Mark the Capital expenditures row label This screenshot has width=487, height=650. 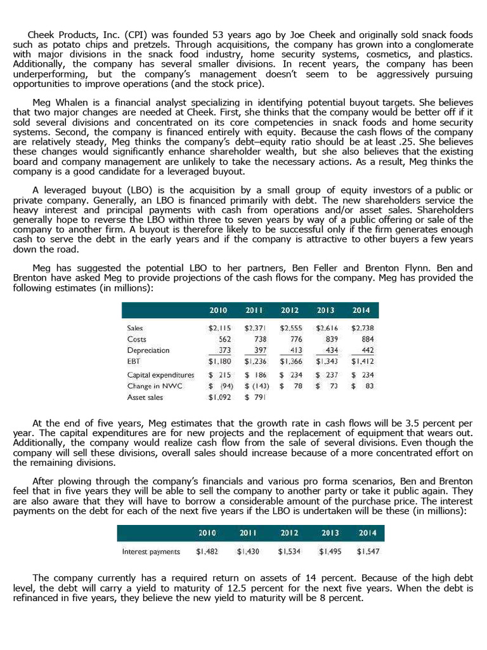[161, 375]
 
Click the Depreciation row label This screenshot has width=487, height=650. [148, 350]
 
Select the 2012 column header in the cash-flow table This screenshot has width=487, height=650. [290, 310]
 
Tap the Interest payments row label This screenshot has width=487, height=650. [151, 552]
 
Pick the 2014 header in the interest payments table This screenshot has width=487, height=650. [368, 533]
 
